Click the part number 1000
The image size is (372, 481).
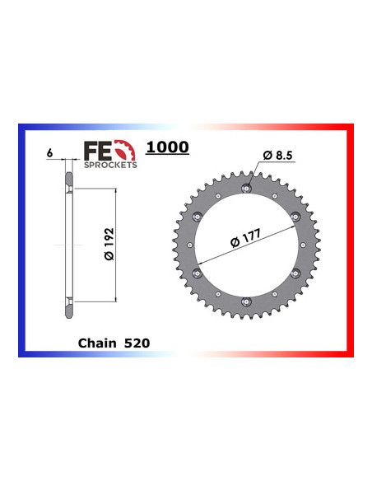click(167, 147)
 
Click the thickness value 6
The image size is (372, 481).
click(51, 154)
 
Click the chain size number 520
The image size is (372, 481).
click(136, 340)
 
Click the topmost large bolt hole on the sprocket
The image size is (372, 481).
click(245, 189)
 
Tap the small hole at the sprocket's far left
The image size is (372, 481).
click(188, 246)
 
